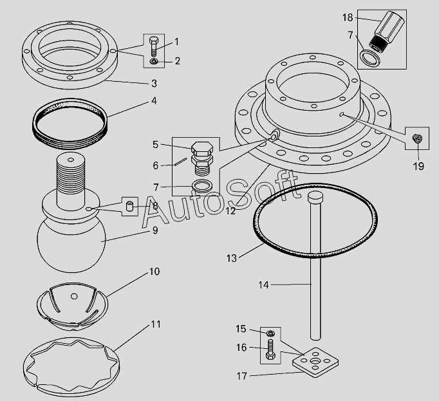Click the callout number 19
[x=418, y=166]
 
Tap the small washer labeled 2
[x=154, y=61]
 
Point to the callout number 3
[x=154, y=84]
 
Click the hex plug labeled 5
[x=202, y=158]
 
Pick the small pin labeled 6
[x=181, y=162]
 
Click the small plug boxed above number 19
[x=417, y=138]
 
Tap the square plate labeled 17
[x=315, y=362]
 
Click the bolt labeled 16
[x=270, y=350]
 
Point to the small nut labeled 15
[x=270, y=333]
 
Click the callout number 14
[x=263, y=285]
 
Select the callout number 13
[x=232, y=258]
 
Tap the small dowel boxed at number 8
[x=129, y=206]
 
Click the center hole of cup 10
[x=74, y=296]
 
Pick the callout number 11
[x=156, y=324]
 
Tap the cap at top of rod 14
[x=315, y=197]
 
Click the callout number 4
[x=154, y=101]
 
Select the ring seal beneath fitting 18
[x=370, y=59]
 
